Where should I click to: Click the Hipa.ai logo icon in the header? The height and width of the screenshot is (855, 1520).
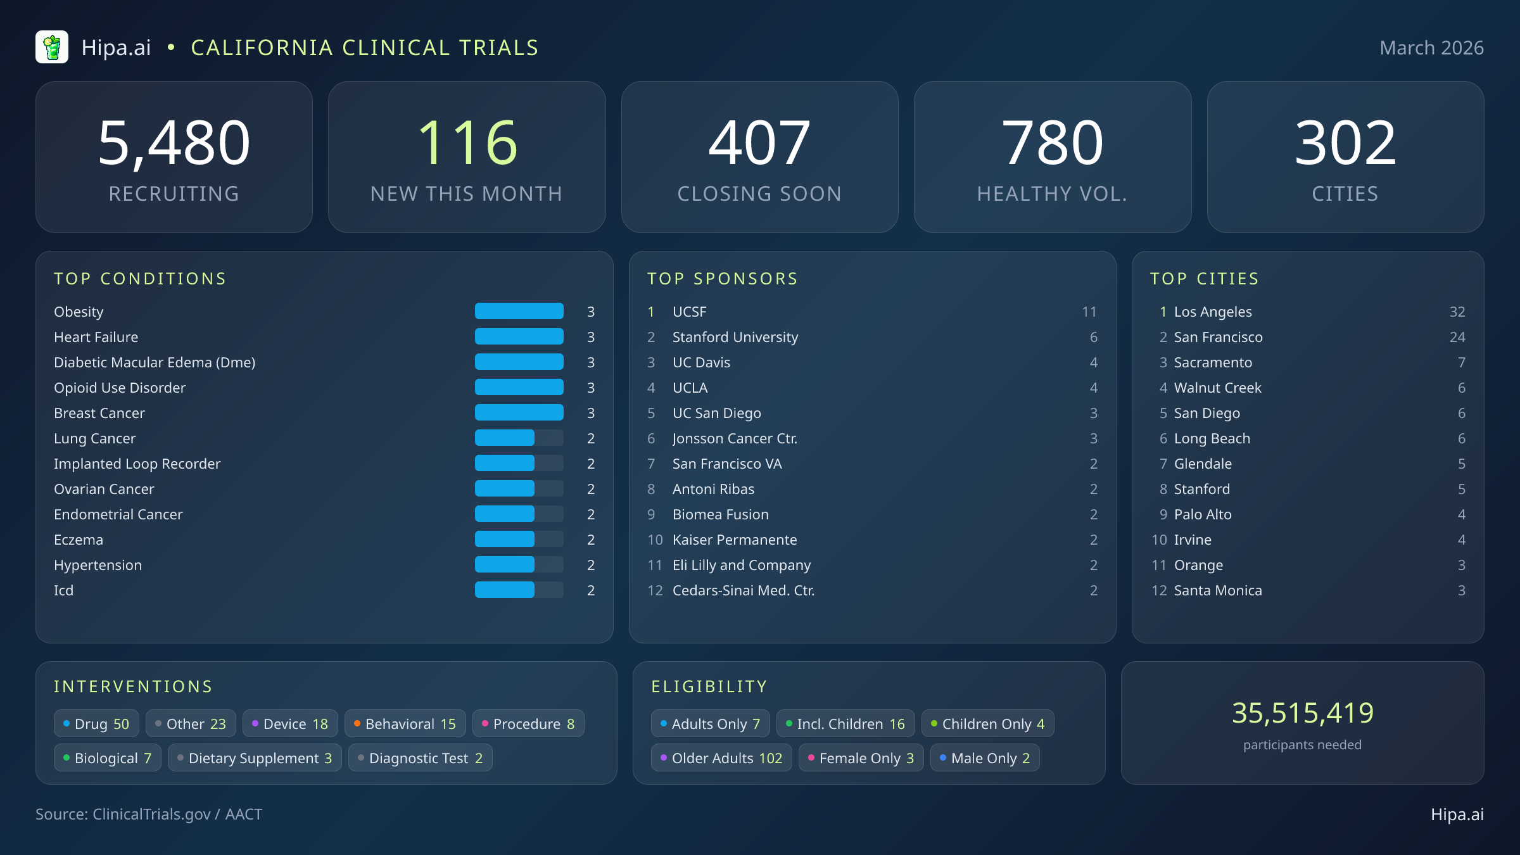point(52,47)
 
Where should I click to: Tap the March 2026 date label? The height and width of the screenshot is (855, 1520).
point(1431,48)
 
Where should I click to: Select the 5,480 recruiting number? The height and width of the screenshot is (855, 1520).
point(174,143)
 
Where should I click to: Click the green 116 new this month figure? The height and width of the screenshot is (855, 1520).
point(467,143)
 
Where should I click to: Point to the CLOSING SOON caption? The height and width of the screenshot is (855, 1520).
point(759,194)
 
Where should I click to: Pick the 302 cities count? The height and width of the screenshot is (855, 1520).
point(1345,143)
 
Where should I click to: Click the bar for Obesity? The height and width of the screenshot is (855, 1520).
point(519,312)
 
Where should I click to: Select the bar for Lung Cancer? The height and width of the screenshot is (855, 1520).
point(505,438)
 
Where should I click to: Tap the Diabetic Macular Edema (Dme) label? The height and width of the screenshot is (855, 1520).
point(155,362)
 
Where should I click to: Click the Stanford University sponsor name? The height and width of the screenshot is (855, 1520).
point(735,337)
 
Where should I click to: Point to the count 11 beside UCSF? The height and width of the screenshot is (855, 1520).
point(1089,312)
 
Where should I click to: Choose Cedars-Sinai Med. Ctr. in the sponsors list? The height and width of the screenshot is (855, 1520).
point(744,590)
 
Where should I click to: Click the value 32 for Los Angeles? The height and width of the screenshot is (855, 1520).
point(1457,312)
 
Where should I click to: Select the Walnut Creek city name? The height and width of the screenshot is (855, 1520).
point(1217,388)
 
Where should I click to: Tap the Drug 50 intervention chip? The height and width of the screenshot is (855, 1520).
point(96,724)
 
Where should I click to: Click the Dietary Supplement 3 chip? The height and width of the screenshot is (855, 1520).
point(255,758)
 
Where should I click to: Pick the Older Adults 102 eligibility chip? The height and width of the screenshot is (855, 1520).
point(721,758)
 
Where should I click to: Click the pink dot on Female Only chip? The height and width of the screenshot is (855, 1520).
point(811,758)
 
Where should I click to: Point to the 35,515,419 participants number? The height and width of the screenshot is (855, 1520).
point(1303,713)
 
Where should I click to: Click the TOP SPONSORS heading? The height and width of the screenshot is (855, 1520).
point(723,279)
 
